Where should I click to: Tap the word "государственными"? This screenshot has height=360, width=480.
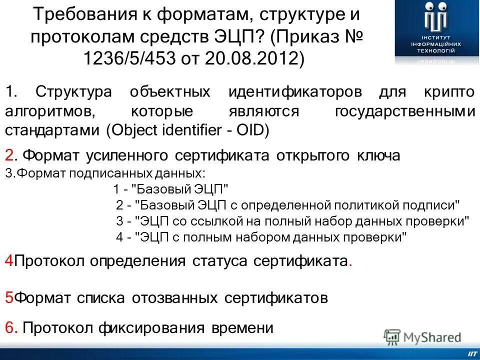[x=404, y=112]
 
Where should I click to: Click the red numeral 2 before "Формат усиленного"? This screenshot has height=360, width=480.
[x=9, y=155]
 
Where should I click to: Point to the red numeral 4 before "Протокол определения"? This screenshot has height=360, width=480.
[x=9, y=260]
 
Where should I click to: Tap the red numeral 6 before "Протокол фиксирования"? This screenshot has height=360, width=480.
[x=9, y=328]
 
